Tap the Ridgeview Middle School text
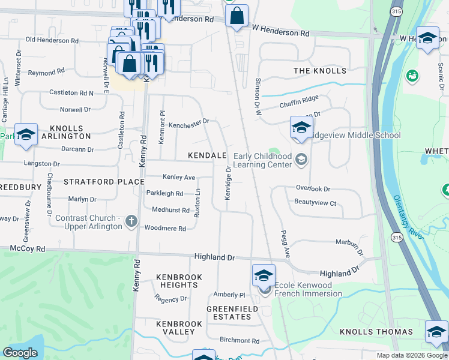[x=354, y=135]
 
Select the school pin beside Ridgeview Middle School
[x=301, y=128]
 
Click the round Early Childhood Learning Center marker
[x=301, y=160]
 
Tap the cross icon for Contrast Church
[x=131, y=223]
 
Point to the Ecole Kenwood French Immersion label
[x=308, y=289]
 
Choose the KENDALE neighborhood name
[x=207, y=155]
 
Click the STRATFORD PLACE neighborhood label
[x=104, y=181]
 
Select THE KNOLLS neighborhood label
[x=320, y=71]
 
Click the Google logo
[x=20, y=352]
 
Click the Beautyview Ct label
[x=315, y=203]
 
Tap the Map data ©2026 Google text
[x=411, y=355]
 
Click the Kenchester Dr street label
[x=188, y=121]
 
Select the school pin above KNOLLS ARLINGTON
[x=26, y=134]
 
